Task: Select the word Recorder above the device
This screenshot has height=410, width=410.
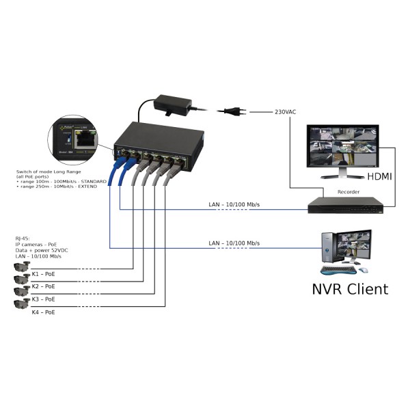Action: click(348, 192)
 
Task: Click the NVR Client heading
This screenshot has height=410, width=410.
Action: click(349, 288)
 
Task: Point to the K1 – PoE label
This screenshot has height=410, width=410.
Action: click(43, 273)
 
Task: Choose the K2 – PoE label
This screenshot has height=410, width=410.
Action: click(43, 286)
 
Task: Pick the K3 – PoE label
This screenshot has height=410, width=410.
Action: click(43, 299)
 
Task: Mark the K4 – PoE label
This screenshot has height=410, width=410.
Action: click(43, 312)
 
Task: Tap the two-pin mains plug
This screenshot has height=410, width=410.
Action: click(229, 111)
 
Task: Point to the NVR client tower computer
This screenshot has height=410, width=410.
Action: click(329, 252)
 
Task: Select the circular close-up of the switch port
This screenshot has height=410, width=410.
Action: click(77, 139)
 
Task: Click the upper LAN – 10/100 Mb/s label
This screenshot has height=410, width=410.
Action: click(234, 205)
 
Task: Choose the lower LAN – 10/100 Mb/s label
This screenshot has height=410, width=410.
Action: click(234, 243)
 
